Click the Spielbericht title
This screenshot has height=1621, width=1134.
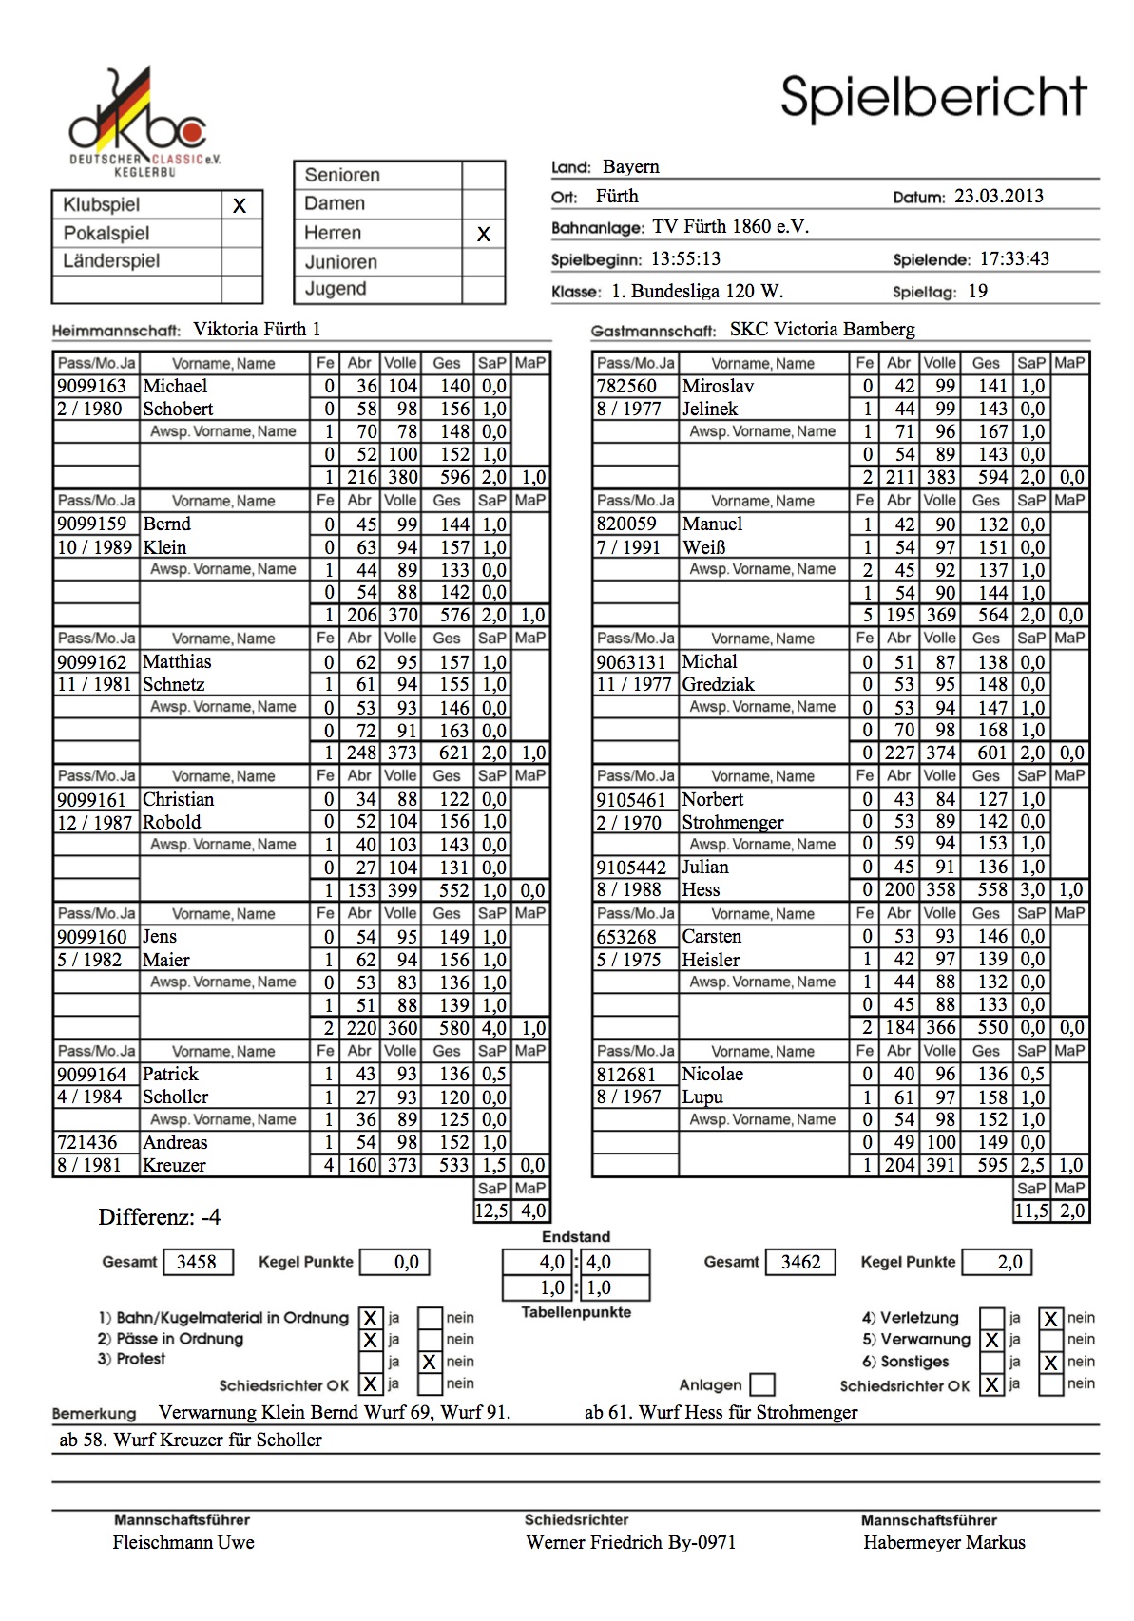point(932,97)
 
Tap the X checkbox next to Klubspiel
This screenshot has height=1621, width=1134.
point(240,205)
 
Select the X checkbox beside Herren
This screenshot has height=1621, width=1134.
point(483,234)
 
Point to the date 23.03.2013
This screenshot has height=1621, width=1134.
point(998,197)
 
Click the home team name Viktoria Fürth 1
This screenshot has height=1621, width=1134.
point(257,330)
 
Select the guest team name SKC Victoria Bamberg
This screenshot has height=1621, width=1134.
point(821,330)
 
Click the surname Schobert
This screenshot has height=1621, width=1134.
point(178,409)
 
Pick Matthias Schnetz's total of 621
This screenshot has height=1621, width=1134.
point(453,753)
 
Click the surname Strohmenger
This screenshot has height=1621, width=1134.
point(733,822)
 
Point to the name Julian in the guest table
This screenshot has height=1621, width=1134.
point(705,867)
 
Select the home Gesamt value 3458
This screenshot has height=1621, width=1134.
point(197,1262)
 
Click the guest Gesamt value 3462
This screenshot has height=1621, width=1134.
point(800,1262)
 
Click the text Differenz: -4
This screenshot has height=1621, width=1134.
point(159,1217)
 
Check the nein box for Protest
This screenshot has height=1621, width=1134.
point(430,1362)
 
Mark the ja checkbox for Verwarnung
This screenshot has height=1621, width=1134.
point(991,1340)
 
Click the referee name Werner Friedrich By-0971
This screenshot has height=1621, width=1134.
point(630,1542)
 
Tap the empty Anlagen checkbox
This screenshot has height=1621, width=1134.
point(761,1384)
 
